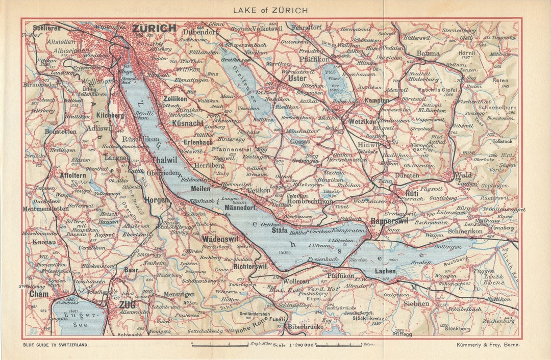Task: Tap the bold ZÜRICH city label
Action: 154,29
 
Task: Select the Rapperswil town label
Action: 390,221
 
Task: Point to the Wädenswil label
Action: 220,239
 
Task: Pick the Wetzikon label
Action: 362,122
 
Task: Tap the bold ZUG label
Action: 126,305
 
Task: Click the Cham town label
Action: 38,294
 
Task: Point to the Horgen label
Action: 156,200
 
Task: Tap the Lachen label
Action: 385,271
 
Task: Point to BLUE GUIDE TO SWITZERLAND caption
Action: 56,345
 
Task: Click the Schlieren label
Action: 46,28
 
